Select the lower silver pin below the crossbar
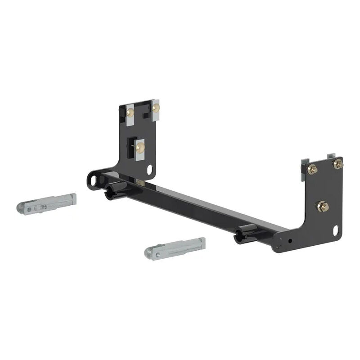(x=175, y=247)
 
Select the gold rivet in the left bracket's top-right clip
(x=156, y=108)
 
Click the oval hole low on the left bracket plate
(x=150, y=169)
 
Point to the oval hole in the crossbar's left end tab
(x=95, y=180)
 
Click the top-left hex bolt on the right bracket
(x=312, y=169)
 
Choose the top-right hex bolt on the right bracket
(x=337, y=164)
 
